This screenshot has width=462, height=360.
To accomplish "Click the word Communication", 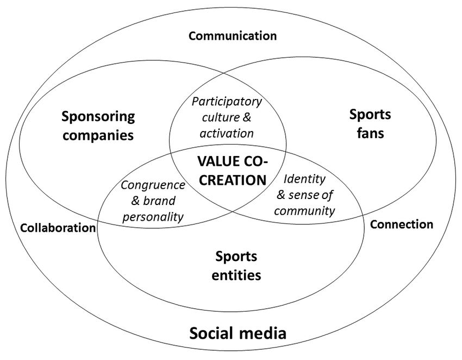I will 232,36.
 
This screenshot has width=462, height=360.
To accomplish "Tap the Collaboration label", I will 58,228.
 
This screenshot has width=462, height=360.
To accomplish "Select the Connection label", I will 402,224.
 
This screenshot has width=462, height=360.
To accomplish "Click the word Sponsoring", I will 98,116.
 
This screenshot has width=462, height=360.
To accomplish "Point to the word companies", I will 98,135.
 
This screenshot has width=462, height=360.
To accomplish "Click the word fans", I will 370,133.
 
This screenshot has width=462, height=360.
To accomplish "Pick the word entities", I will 236,275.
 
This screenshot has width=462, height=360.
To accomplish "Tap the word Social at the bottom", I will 212,332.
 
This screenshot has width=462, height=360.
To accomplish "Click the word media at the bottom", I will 263,332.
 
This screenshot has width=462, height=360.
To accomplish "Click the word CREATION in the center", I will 232,180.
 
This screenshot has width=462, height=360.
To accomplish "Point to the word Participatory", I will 227,102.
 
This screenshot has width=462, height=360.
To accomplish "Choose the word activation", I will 227,133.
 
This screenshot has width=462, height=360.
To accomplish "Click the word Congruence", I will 153,185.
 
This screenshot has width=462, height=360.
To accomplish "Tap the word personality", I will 153,216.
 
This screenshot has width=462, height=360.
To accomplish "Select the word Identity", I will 304,179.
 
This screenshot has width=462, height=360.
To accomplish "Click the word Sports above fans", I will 370,115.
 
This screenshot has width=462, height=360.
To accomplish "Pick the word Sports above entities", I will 236,256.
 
